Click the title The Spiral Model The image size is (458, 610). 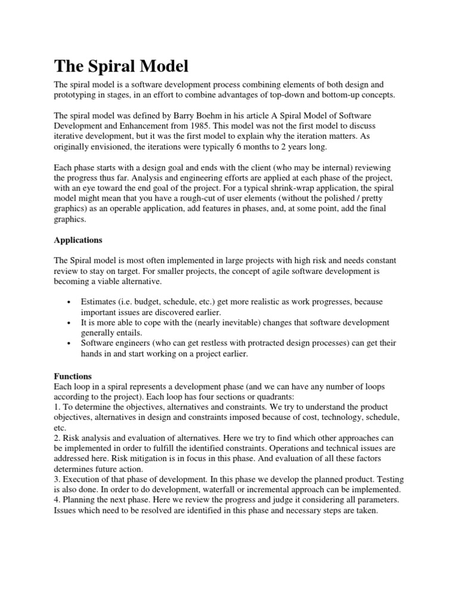(x=122, y=66)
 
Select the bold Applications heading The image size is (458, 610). (x=78, y=240)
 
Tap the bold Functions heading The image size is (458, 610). (x=73, y=376)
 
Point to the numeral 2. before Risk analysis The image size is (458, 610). (x=57, y=438)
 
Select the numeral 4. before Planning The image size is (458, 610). (x=57, y=500)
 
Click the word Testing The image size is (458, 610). (x=385, y=479)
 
